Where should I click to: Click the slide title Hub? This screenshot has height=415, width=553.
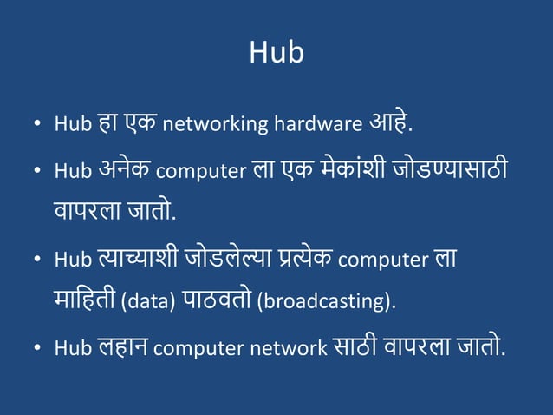click(x=276, y=53)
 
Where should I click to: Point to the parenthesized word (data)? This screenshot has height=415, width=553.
click(x=149, y=302)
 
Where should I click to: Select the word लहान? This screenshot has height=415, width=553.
click(x=123, y=347)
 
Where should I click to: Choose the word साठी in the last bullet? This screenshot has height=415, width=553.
click(x=355, y=347)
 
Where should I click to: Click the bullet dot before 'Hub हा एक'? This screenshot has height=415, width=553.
click(x=38, y=126)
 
